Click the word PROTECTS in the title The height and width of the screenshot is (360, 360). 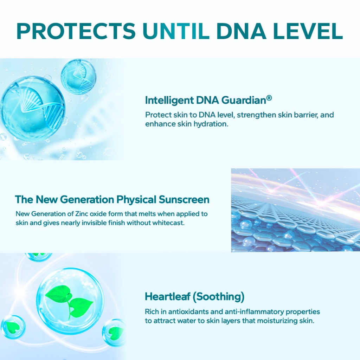coord(76,31)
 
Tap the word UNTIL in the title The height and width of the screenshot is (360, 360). coord(176,31)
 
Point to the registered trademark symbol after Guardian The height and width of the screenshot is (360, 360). coord(269,98)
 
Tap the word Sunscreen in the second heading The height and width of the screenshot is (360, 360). coord(184,199)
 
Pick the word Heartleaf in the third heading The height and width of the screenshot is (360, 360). coord(168,296)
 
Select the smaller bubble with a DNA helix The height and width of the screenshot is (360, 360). coord(78,77)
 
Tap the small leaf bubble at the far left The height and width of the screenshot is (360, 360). coord(13,327)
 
